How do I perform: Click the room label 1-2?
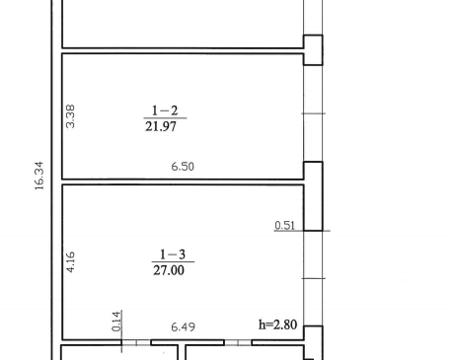pyautogui.click(x=165, y=110)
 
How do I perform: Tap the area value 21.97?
pyautogui.click(x=161, y=126)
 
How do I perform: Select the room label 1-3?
pyautogui.click(x=173, y=254)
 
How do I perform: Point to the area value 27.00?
pyautogui.click(x=169, y=270)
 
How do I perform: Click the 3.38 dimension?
pyautogui.click(x=70, y=116)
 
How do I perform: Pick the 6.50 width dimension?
pyautogui.click(x=183, y=167)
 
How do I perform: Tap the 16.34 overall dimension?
pyautogui.click(x=38, y=176)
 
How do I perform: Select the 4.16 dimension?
pyautogui.click(x=70, y=262)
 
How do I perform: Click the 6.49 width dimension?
pyautogui.click(x=184, y=326)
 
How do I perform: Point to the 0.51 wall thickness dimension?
pyautogui.click(x=284, y=225)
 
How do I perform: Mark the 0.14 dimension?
pyautogui.click(x=116, y=322)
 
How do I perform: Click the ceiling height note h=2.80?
pyautogui.click(x=278, y=324)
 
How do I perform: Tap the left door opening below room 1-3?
pyautogui.click(x=136, y=342)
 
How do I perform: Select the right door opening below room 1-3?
pyautogui.click(x=238, y=342)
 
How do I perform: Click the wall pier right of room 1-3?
pyautogui.click(x=313, y=196)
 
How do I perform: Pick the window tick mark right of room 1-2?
pyautogui.click(x=314, y=113)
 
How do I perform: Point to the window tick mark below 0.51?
pyautogui.click(x=314, y=278)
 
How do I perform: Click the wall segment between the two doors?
pyautogui.click(x=188, y=342)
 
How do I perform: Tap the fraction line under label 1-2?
pyautogui.click(x=165, y=118)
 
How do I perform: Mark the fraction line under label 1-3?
pyautogui.click(x=173, y=262)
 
